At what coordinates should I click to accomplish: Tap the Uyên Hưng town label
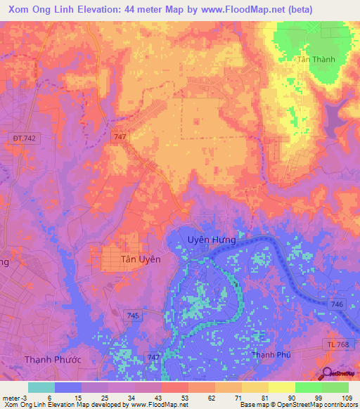coord(211,240)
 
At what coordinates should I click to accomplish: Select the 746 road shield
coord(337,304)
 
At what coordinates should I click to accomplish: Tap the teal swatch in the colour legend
coord(41,387)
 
